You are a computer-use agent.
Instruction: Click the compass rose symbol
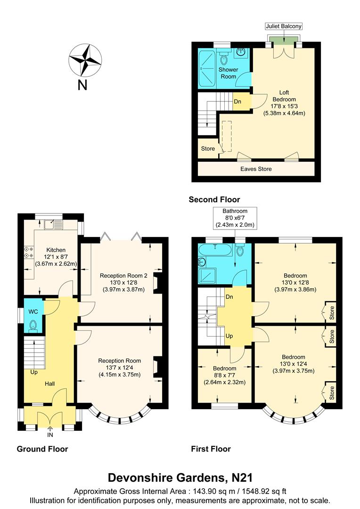pyautogui.click(x=86, y=60)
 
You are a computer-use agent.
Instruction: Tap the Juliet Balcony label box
pyautogui.click(x=284, y=26)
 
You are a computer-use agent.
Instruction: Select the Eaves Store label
pyautogui.click(x=256, y=169)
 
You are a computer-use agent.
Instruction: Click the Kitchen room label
pyautogui.click(x=56, y=250)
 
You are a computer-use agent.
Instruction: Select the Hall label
pyautogui.click(x=50, y=384)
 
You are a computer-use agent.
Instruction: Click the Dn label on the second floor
pyautogui.click(x=238, y=101)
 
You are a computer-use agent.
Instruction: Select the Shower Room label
pyautogui.click(x=229, y=73)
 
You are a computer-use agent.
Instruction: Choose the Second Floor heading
pyautogui.click(x=214, y=199)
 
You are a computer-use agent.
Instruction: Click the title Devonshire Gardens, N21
pyautogui.click(x=180, y=477)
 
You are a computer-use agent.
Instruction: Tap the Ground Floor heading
pyautogui.click(x=42, y=449)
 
